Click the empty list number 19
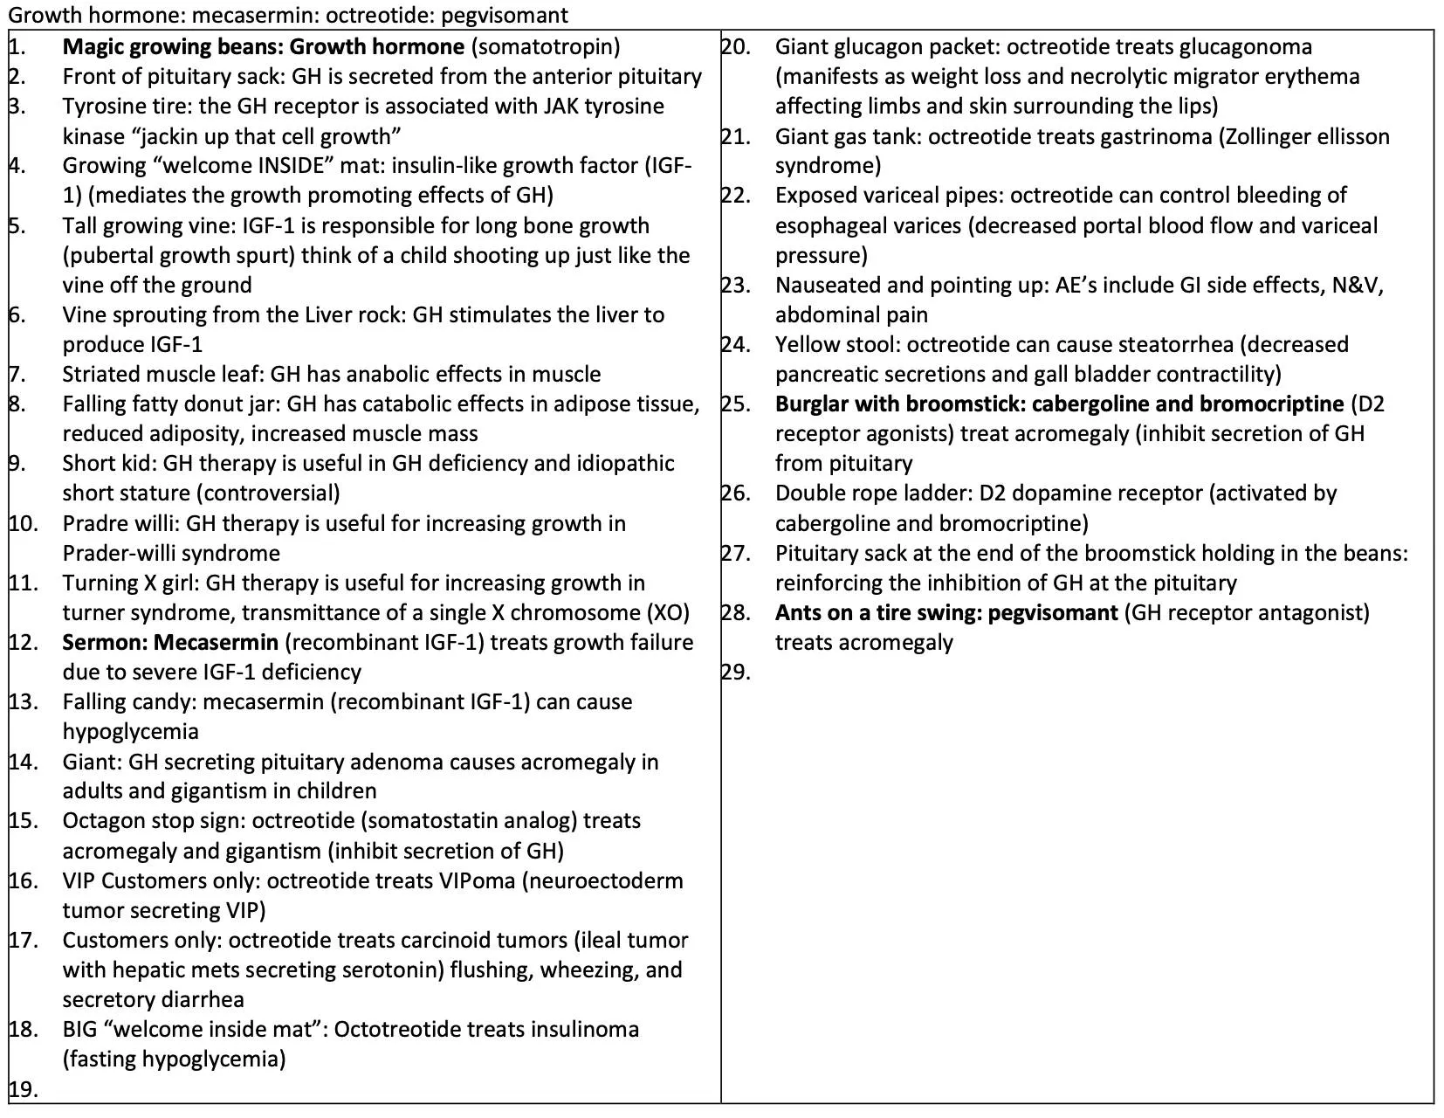[x=24, y=1088]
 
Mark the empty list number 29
[x=736, y=672]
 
